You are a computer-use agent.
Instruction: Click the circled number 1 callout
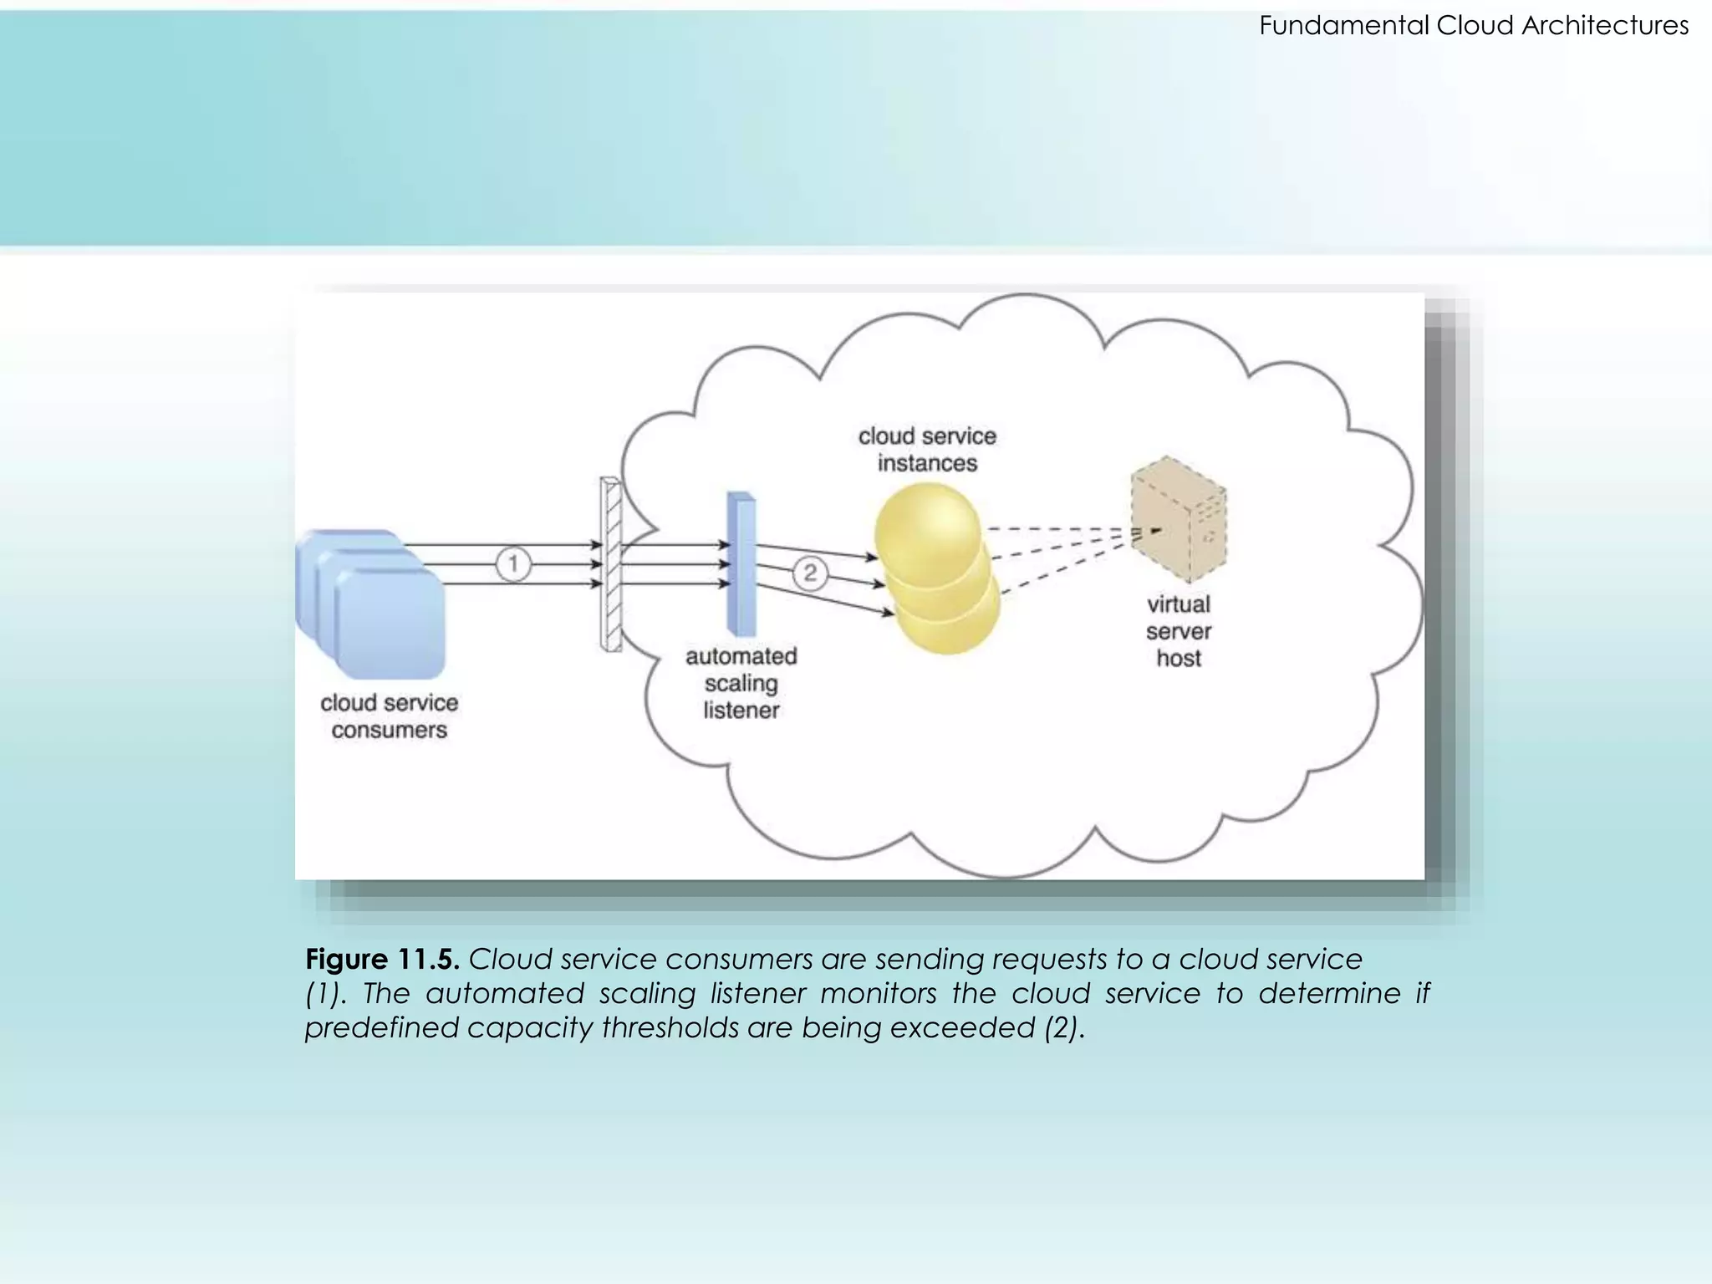513,564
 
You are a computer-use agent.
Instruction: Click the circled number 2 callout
809,573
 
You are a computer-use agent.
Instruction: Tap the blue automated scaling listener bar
741,565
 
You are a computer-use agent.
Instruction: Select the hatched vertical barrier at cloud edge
611,565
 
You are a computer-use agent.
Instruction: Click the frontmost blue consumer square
390,624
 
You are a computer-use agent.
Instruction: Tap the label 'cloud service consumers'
390,716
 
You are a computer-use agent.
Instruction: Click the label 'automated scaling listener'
741,683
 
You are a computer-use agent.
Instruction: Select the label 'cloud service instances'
927,450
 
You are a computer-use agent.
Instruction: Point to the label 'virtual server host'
1179,631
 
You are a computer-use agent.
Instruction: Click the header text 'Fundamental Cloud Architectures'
1473,26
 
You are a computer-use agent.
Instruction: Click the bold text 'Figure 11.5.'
382,959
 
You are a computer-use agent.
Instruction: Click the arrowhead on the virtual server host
1155,530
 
